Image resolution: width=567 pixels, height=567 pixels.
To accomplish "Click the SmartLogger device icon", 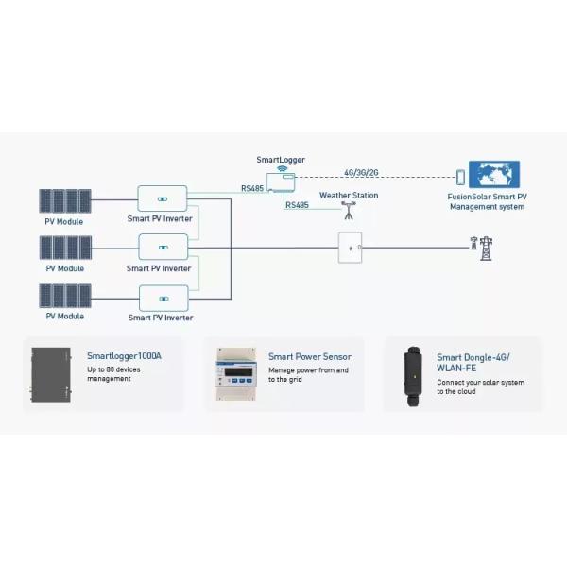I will click(279, 180).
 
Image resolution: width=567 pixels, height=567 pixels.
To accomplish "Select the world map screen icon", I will click(497, 176).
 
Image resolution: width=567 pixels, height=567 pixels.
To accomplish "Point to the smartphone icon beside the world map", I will click(461, 177).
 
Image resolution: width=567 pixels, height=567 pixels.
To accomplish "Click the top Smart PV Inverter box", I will click(163, 198).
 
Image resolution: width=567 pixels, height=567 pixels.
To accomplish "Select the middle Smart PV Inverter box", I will click(163, 248).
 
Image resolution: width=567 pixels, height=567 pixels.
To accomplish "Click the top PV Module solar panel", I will click(64, 201).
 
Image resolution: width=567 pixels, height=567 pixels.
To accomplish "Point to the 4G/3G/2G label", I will click(362, 172).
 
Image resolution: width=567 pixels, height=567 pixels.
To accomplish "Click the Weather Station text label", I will click(348, 196).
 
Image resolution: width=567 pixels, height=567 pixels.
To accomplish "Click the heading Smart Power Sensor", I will click(309, 357).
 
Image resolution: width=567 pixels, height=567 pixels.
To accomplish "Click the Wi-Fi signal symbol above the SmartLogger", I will click(280, 167).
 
